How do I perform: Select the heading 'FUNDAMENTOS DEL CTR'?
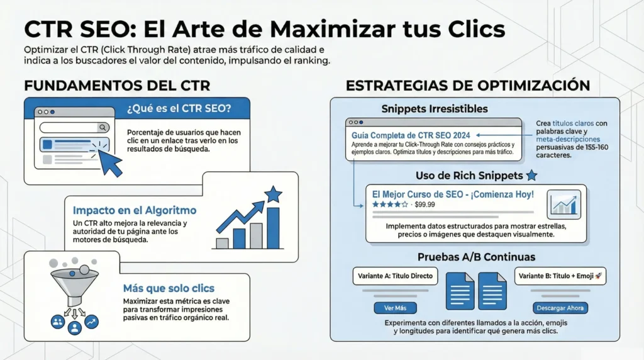(116, 85)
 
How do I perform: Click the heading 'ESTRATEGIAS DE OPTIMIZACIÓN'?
(468, 85)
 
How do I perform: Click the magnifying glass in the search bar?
(103, 127)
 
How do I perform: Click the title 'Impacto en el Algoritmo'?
(135, 210)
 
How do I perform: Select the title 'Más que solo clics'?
(169, 288)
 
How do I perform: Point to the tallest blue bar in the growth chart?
(273, 227)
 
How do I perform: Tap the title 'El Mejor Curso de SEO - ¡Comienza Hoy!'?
(453, 194)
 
